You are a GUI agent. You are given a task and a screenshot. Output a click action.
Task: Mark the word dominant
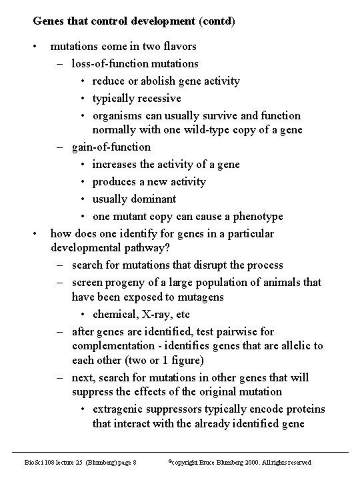(153, 199)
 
